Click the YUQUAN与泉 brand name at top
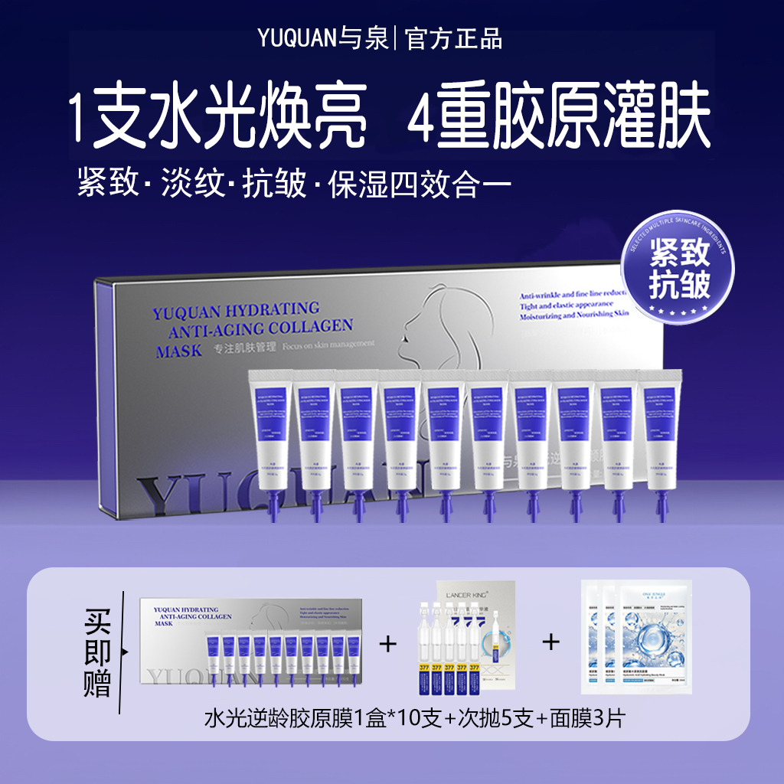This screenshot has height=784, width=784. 334,38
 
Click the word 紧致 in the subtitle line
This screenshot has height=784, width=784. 108,185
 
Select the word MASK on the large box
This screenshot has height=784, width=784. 178,351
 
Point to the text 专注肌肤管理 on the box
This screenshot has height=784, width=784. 245,345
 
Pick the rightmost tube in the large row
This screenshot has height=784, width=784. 659,436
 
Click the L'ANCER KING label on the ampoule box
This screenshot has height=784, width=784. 475,592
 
